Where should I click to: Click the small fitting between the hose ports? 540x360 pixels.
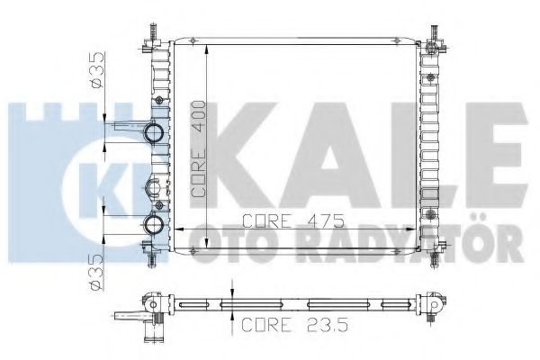(154, 187)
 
